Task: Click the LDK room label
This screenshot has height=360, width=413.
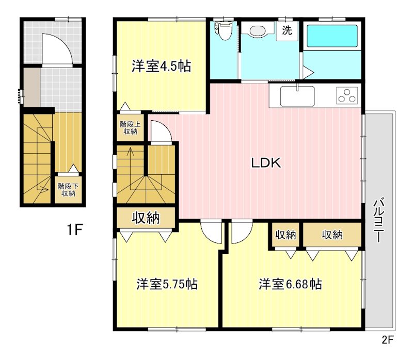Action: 266,163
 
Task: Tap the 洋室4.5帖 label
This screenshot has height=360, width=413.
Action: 161,66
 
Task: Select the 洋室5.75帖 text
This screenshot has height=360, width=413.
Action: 167,284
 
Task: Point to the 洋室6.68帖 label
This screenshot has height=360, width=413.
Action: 290,284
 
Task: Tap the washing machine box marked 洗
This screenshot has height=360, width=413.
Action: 287,31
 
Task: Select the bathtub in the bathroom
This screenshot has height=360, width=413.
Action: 332,36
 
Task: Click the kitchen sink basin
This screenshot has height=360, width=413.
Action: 297,96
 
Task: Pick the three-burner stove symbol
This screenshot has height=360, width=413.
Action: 347,96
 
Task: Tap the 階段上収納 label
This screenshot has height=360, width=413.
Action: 130,127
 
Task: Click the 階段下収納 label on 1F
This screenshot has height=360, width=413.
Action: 68,190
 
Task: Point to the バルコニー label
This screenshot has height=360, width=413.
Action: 378,221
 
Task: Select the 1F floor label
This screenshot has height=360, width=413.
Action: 75,230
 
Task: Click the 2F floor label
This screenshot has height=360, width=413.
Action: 387,340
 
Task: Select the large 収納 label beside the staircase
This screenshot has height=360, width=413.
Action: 146,218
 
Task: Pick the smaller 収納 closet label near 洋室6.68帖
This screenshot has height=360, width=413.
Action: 285,235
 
